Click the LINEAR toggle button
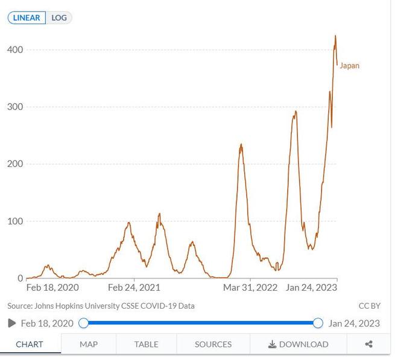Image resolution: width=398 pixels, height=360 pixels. click(x=27, y=17)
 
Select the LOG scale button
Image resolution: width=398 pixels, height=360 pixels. click(x=59, y=17)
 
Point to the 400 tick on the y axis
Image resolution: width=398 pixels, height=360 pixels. click(x=15, y=49)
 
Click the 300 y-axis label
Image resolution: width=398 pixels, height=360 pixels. click(x=15, y=107)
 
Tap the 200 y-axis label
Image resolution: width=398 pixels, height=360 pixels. click(x=15, y=164)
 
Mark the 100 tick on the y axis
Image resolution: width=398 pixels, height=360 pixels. click(x=15, y=221)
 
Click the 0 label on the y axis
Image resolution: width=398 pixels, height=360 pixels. click(x=20, y=279)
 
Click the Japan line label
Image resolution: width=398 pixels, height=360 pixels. click(x=349, y=66)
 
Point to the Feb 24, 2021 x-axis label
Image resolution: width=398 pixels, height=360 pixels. click(x=134, y=288)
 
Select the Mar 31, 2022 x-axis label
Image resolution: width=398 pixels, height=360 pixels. click(x=250, y=288)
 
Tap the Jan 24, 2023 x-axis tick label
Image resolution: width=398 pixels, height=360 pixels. click(x=311, y=288)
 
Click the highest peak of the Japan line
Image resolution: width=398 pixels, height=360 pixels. click(x=335, y=36)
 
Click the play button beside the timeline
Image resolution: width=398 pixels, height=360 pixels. click(x=12, y=323)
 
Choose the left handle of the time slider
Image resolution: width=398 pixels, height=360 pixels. click(x=84, y=323)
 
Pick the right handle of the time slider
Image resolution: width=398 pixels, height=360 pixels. click(x=318, y=323)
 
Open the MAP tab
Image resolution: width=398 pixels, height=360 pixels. click(x=89, y=344)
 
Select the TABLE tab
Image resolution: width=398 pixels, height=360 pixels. click(x=146, y=344)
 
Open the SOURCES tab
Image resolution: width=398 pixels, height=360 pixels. click(x=213, y=344)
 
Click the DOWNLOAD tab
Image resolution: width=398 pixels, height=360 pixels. click(x=298, y=344)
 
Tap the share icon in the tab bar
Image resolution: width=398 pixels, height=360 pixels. click(x=368, y=344)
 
